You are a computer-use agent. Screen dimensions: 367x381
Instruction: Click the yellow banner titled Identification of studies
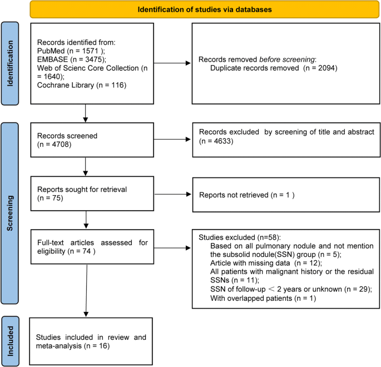[x=190, y=9]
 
